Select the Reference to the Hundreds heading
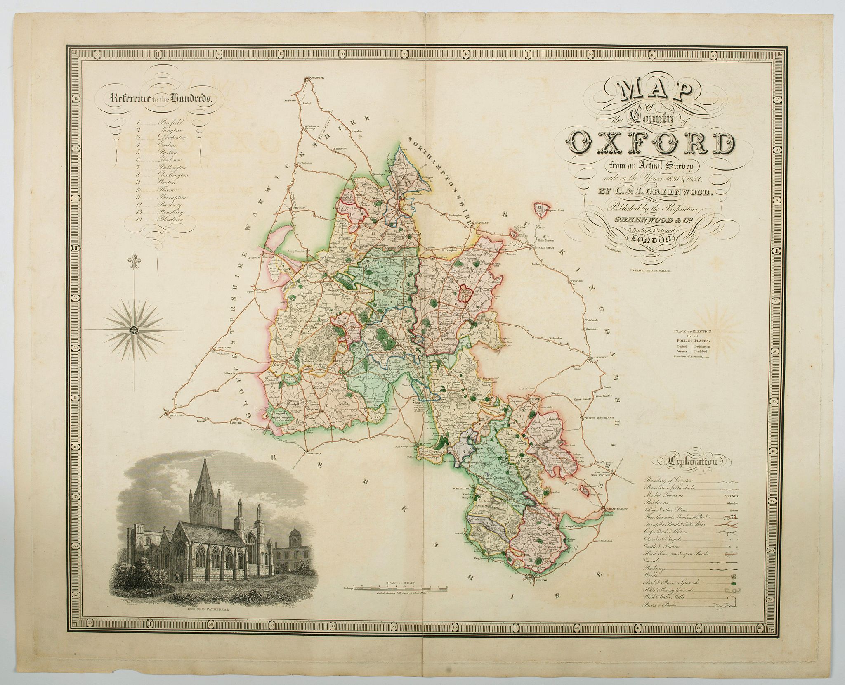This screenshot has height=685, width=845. pos(161,98)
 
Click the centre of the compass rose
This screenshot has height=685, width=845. pos(134,329)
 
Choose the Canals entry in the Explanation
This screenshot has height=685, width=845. pos(652,562)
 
